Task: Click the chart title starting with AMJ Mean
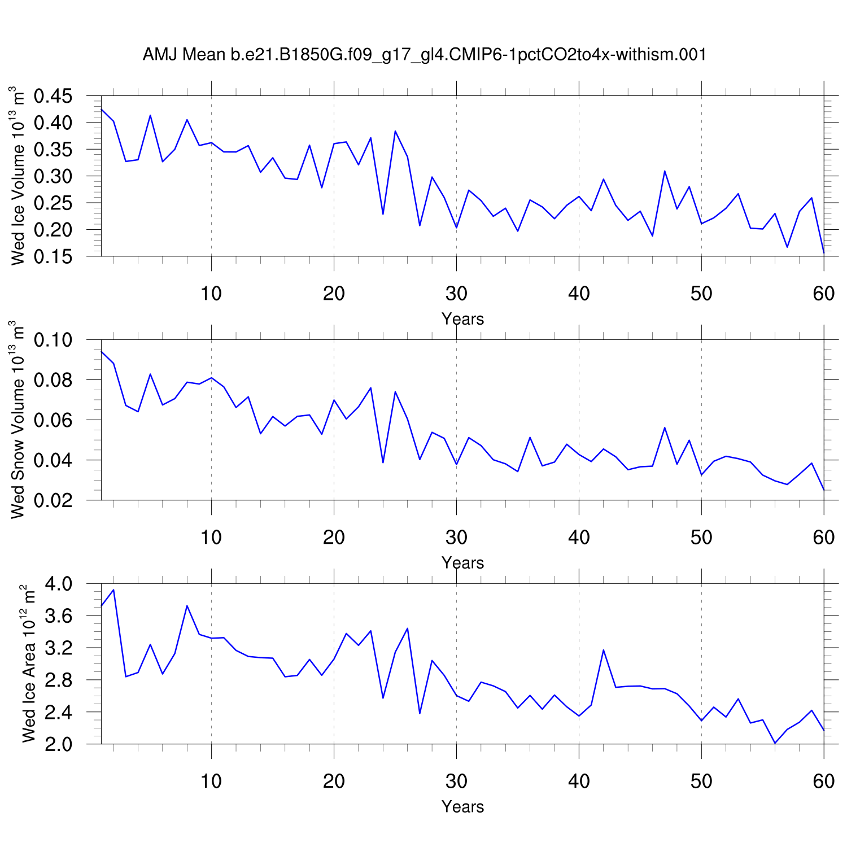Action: click(x=424, y=54)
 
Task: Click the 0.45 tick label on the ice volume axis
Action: click(x=53, y=96)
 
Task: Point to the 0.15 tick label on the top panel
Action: click(x=53, y=256)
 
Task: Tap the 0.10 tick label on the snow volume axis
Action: click(x=53, y=340)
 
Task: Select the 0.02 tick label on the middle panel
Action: click(x=53, y=500)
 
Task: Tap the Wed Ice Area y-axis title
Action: click(x=28, y=663)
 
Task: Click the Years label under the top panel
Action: click(x=462, y=319)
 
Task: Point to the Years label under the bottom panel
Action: click(x=462, y=807)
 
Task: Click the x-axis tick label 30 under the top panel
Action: click(x=456, y=294)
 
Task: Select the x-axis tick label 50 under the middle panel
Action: click(x=701, y=538)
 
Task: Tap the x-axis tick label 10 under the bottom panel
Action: click(x=211, y=781)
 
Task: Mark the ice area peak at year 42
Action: click(x=603, y=650)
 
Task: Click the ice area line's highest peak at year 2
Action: click(x=113, y=590)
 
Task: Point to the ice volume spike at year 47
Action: click(x=665, y=171)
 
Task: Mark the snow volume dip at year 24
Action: click(x=383, y=462)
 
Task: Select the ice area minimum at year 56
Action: click(x=775, y=743)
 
